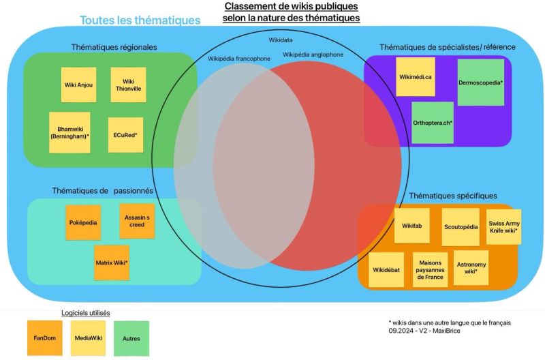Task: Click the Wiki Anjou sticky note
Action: pyautogui.click(x=78, y=85)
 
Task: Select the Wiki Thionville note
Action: pyautogui.click(x=128, y=85)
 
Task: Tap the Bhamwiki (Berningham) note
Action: pyautogui.click(x=69, y=132)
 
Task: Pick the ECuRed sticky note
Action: pyautogui.click(x=126, y=135)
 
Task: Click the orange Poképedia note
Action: pyautogui.click(x=83, y=222)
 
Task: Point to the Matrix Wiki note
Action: pyautogui.click(x=112, y=262)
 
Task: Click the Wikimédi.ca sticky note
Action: pyautogui.click(x=415, y=76)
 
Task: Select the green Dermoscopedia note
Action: pyautogui.click(x=480, y=82)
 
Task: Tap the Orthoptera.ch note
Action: pyautogui.click(x=433, y=123)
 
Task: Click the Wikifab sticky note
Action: pyautogui.click(x=412, y=225)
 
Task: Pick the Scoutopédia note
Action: pyautogui.click(x=461, y=226)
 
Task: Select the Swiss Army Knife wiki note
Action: pyautogui.click(x=503, y=227)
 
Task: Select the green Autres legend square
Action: pyautogui.click(x=131, y=338)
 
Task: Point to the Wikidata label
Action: pyautogui.click(x=281, y=41)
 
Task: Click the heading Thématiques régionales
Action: pyautogui.click(x=114, y=47)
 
